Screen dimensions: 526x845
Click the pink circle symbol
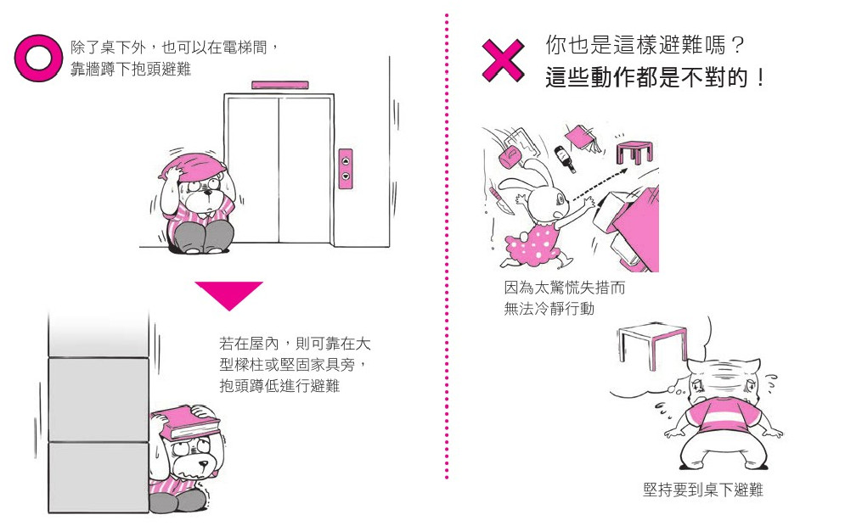(x=39, y=58)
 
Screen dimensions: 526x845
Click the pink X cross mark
(x=503, y=59)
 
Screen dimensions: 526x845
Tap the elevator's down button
(x=346, y=176)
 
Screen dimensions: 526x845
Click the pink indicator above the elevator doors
(x=278, y=86)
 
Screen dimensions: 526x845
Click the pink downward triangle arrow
(x=229, y=295)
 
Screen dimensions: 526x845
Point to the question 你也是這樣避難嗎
(x=645, y=45)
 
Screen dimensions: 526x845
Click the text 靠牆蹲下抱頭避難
(x=130, y=69)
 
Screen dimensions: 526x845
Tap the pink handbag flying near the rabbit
(x=512, y=154)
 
